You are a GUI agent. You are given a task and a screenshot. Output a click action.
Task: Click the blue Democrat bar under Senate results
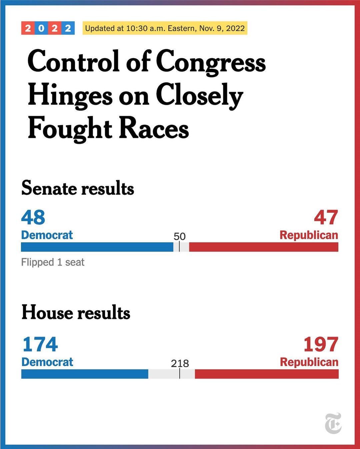coord(97,247)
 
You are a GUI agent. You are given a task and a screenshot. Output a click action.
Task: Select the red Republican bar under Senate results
coord(263,247)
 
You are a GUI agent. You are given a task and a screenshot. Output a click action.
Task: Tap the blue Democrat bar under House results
coord(85,374)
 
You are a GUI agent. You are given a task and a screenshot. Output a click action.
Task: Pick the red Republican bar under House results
coord(267,374)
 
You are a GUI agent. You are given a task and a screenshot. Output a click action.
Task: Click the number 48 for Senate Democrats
coord(33,217)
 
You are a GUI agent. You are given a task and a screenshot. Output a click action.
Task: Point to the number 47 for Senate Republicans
coord(326,217)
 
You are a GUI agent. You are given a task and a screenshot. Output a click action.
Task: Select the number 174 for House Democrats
coord(40,344)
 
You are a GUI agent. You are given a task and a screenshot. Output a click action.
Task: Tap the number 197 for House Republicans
coord(321,344)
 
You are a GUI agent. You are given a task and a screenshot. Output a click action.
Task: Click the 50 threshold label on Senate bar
coord(179,237)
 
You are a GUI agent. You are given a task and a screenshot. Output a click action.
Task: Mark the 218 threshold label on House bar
coord(180,363)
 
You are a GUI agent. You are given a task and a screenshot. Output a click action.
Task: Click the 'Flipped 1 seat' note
coord(53,262)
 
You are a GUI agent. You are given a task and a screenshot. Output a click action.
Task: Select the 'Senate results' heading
coord(78,188)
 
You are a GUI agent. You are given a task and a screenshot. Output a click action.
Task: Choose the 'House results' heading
coord(76,313)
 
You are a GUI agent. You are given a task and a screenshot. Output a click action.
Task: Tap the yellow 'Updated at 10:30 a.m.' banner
coord(165,28)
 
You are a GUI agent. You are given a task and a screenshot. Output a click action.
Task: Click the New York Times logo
coord(333,423)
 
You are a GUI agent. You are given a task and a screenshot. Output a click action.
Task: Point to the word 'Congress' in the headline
coord(211,62)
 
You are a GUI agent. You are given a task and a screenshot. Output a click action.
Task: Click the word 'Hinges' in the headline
coord(70,96)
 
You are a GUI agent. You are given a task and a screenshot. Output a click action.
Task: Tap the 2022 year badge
coord(48,28)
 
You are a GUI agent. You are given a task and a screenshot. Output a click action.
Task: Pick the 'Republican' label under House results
coord(309,362)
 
